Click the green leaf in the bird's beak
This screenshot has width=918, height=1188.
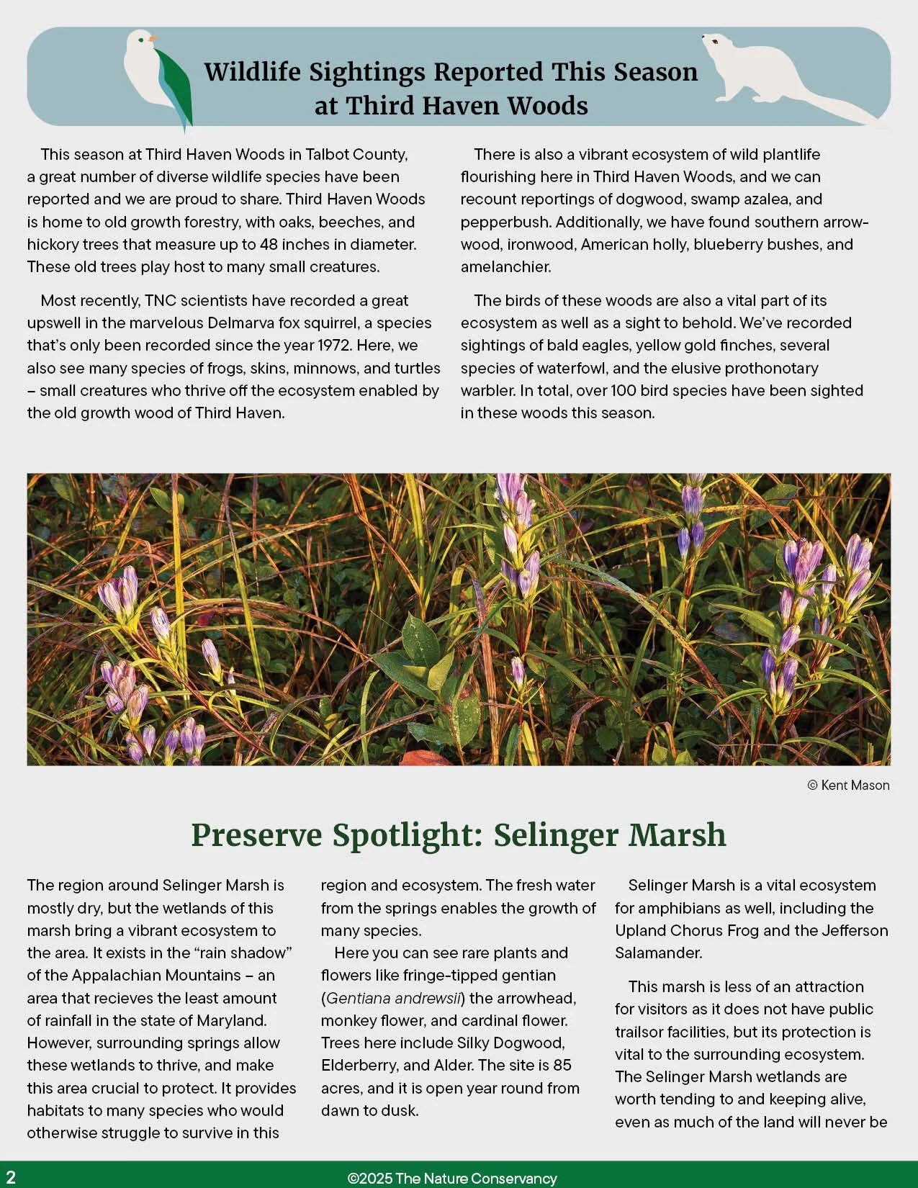coord(176,86)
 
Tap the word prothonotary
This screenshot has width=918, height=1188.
coord(771,368)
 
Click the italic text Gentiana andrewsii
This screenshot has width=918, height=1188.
coord(392,999)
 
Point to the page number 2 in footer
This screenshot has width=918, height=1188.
coord(11,1177)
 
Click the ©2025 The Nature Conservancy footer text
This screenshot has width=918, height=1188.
coord(452,1179)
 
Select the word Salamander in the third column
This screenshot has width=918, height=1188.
coord(657,953)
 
